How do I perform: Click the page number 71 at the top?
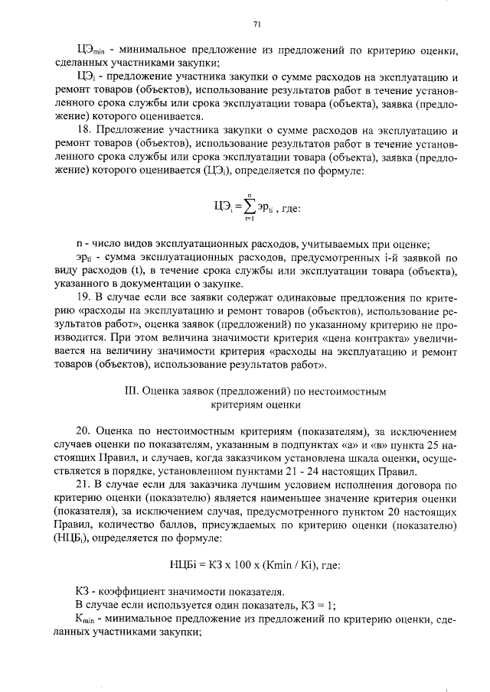(x=257, y=24)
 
